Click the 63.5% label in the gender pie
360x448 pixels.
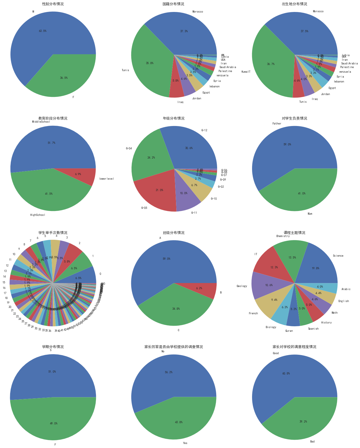click(43, 31)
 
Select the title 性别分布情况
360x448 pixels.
click(53, 4)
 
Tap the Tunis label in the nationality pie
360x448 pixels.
click(125, 70)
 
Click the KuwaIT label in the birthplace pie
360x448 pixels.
click(246, 72)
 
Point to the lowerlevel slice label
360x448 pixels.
click(106, 179)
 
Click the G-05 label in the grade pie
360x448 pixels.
click(144, 208)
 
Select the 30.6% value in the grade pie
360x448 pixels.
click(189, 148)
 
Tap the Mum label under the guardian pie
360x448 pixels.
click(310, 214)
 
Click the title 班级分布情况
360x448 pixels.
click(174, 233)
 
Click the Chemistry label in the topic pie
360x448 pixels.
click(283, 236)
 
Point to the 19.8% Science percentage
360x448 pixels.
click(315, 268)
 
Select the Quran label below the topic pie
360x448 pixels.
click(289, 331)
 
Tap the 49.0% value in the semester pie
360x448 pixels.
click(53, 423)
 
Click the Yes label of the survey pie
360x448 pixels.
click(185, 443)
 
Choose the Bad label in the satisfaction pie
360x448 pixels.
click(312, 442)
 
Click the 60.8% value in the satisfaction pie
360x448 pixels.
click(286, 373)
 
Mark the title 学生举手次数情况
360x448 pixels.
click(53, 233)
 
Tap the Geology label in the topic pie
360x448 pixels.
click(242, 286)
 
